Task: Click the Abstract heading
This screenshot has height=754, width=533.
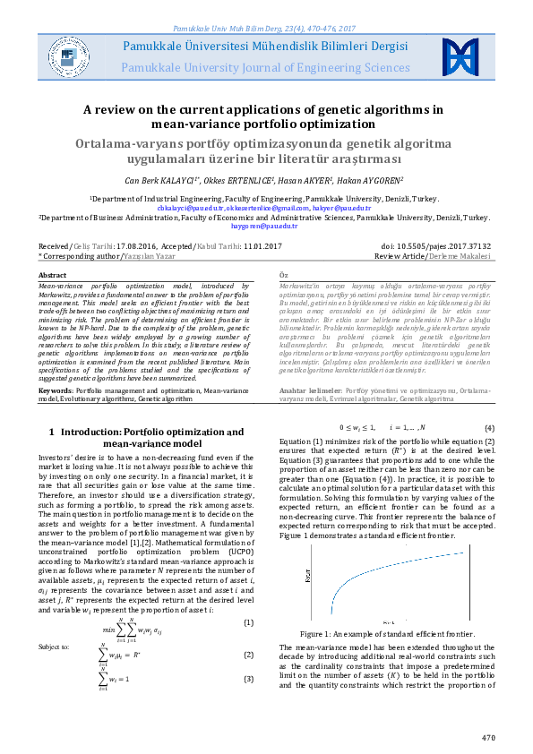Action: click(53, 275)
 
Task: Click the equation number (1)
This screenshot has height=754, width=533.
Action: click(249, 622)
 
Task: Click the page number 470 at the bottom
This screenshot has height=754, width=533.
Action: click(487, 737)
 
